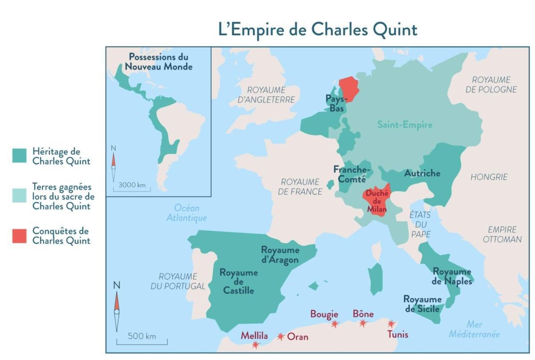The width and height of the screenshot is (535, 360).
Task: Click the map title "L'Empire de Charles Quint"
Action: (317, 30)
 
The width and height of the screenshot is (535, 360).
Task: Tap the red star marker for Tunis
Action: (391, 324)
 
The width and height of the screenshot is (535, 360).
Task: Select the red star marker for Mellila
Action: (255, 344)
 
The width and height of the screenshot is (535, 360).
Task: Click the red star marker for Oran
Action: (281, 337)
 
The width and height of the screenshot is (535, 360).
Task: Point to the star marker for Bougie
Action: (334, 324)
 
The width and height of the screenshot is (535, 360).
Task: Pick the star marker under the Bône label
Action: (363, 323)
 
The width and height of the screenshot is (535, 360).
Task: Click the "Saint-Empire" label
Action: (404, 125)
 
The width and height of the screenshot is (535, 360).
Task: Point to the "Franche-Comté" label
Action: (352, 174)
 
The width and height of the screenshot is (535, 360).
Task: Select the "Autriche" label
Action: (422, 173)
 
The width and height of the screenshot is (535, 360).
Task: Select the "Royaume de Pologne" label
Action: (491, 85)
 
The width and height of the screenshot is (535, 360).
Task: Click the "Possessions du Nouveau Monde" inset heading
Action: (158, 62)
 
